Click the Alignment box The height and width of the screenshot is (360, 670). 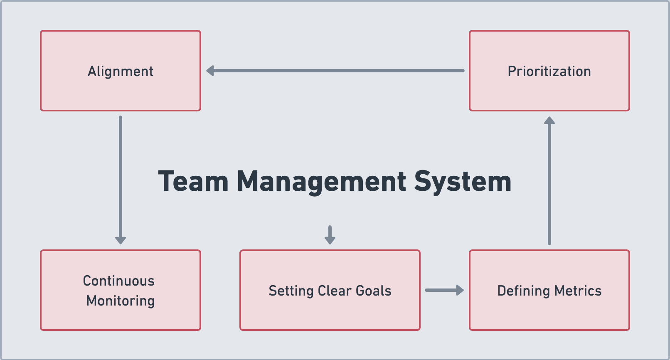121,71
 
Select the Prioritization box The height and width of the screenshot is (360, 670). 549,71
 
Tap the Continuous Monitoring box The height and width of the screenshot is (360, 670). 121,290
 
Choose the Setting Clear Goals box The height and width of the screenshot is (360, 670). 330,290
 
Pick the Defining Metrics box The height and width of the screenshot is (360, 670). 549,290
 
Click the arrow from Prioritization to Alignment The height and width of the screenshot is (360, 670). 335,71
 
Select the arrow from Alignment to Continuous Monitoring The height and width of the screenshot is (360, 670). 121,180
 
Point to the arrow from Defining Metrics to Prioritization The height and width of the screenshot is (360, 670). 549,181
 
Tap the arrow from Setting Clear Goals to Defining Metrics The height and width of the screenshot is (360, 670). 444,290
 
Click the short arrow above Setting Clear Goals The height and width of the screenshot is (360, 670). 330,235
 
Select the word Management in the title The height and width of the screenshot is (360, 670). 322,182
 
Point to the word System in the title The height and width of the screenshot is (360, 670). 463,182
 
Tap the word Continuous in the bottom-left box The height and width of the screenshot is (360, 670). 119,281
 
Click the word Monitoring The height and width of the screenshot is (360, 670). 121,301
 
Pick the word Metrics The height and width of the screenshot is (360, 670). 578,291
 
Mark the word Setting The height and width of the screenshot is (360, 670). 291,291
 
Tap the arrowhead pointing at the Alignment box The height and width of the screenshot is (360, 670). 209,71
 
